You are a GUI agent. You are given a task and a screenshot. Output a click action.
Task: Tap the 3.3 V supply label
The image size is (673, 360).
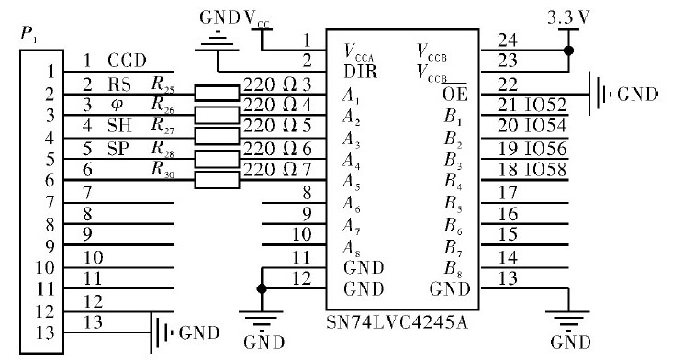pyautogui.click(x=568, y=17)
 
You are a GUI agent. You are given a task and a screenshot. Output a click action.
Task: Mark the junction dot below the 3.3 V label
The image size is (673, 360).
pyautogui.click(x=569, y=48)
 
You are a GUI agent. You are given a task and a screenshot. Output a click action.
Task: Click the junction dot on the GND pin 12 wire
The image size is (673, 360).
pyautogui.click(x=263, y=287)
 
